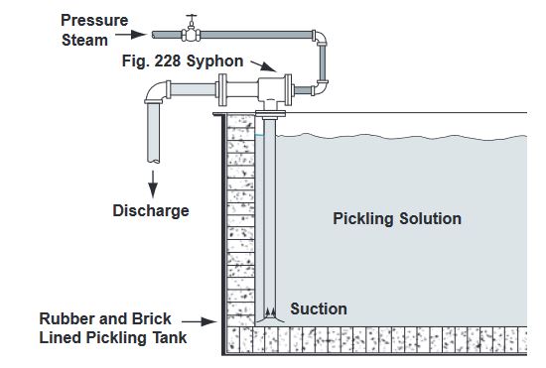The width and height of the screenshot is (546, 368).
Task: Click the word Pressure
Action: pos(94,20)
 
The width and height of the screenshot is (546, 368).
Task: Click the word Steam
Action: pos(84,40)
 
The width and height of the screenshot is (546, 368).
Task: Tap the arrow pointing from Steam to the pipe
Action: pos(131,35)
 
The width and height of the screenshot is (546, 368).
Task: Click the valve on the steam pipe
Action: pos(191,35)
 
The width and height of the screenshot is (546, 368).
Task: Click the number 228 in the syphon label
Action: pos(168,61)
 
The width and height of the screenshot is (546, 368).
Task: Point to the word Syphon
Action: pos(214,61)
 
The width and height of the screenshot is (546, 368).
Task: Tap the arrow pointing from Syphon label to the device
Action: pos(263,65)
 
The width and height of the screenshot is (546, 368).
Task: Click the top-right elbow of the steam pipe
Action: pos(320,38)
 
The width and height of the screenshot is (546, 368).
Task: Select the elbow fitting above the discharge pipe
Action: pos(156,91)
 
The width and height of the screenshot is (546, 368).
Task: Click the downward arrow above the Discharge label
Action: pos(153,184)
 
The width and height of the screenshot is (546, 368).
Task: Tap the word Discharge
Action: pos(151,211)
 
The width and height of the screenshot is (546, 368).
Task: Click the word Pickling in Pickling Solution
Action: pos(363,219)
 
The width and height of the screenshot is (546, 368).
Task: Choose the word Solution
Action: pos(431,218)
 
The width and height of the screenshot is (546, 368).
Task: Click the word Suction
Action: pos(319,308)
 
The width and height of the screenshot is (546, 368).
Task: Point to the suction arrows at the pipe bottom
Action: pos(270,312)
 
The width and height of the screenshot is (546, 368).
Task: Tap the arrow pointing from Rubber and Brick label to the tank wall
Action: pos(200,321)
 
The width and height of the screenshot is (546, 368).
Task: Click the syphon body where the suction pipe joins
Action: pos(271,91)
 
